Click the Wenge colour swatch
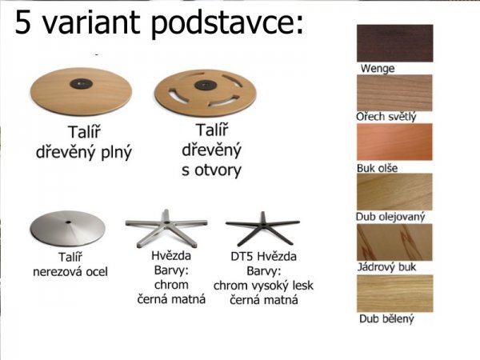coord(394,42)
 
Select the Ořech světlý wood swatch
coord(394,93)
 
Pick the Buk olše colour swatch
coord(394,142)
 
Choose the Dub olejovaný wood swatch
coord(394,192)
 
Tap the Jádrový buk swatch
coord(394,242)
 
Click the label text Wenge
coord(378,69)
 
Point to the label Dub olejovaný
coord(390,217)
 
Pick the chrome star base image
coord(163,228)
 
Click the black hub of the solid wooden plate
coord(81,82)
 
